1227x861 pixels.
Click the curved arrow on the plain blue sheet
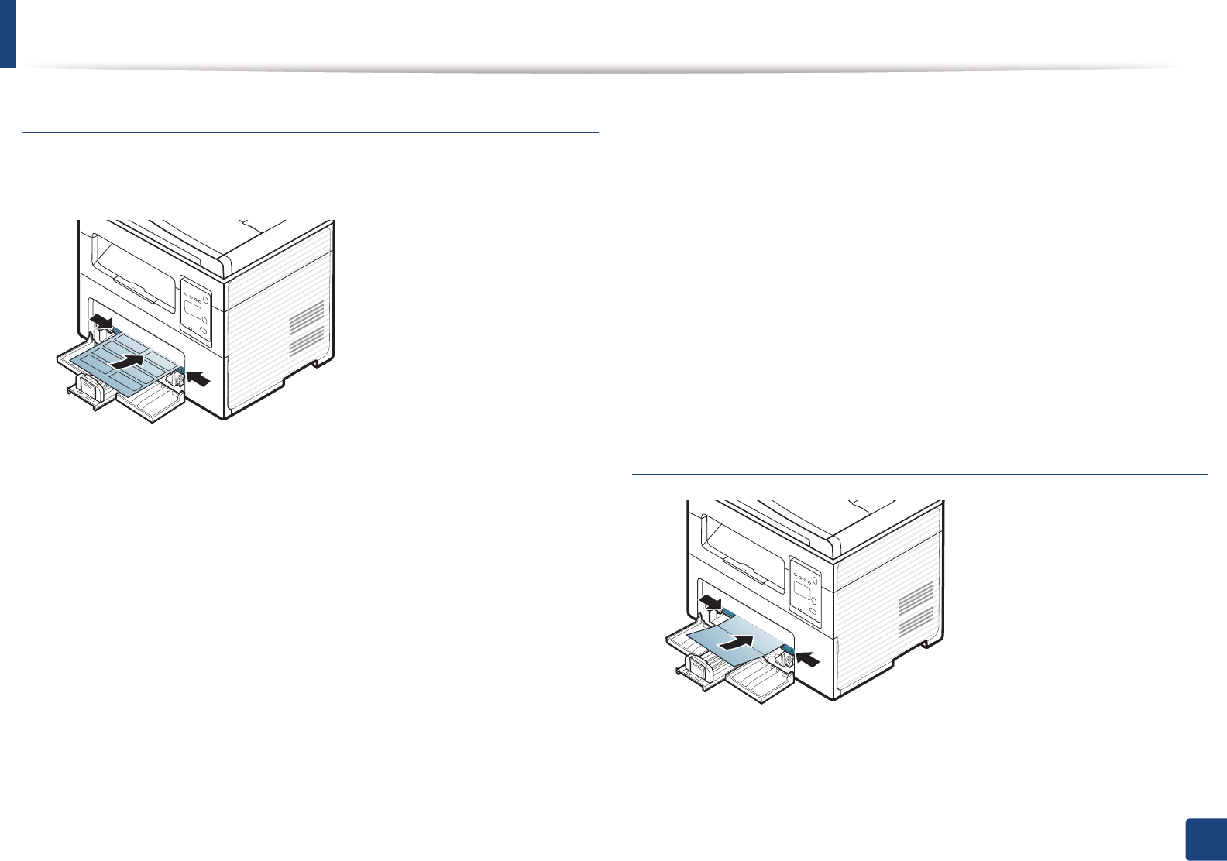click(735, 641)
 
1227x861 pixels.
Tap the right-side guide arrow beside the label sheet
click(198, 378)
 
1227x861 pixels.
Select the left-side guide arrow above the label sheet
click(100, 320)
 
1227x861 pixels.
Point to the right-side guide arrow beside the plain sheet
click(808, 658)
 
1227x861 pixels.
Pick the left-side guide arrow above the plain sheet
click(709, 601)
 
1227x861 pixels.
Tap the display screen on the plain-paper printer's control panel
click(803, 593)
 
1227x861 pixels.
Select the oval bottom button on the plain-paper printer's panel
click(812, 615)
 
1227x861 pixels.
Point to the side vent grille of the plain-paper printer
click(916, 606)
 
